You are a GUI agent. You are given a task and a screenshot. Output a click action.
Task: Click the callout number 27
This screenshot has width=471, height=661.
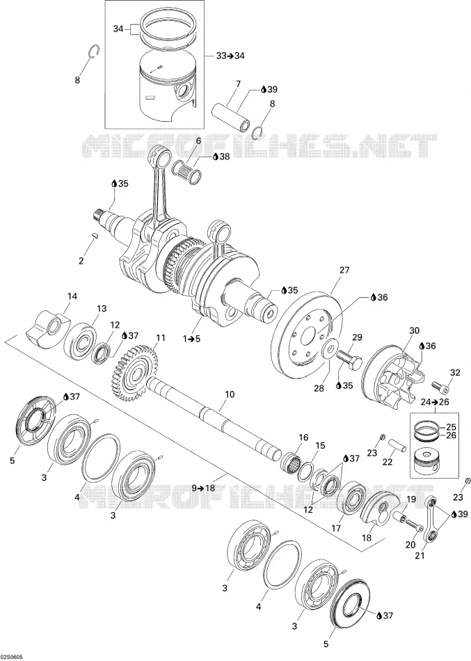344,271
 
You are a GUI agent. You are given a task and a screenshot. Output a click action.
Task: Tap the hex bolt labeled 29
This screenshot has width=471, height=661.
349,359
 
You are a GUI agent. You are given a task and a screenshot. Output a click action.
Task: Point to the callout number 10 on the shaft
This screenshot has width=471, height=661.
230,395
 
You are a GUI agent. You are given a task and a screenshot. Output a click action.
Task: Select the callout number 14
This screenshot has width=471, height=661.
72,296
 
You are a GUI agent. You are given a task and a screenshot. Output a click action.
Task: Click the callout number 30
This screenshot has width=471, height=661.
414,330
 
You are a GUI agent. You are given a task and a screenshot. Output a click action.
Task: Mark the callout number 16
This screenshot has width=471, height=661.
303,437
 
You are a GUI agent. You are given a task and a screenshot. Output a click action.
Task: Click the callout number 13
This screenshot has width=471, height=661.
102,308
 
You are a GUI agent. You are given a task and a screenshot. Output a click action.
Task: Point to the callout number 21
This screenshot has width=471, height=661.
420,556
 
